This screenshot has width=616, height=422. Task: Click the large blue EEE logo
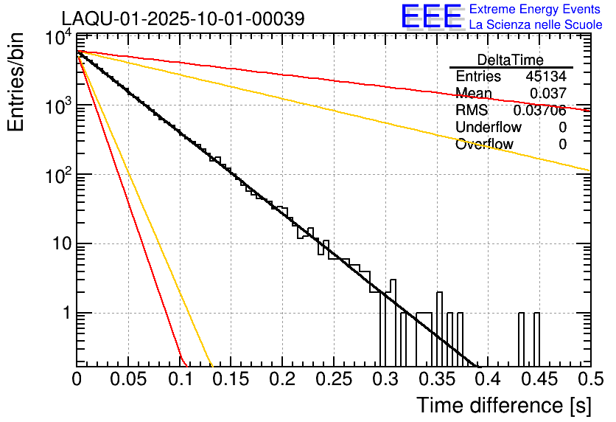pos(431,17)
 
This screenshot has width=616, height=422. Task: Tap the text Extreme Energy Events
pos(536,10)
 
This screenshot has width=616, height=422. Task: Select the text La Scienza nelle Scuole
pos(536,25)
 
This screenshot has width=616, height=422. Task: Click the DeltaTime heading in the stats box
pos(511,60)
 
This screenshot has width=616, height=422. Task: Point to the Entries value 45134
pos(546,77)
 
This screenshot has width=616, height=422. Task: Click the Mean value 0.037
pos(548,94)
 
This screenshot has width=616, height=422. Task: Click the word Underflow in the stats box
pos(489,128)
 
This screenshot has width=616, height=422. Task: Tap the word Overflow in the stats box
pos(484,145)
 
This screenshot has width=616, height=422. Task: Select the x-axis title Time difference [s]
pos(503,405)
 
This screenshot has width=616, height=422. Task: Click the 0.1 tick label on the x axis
pos(180,380)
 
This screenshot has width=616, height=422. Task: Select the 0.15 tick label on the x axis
pos(231,380)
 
